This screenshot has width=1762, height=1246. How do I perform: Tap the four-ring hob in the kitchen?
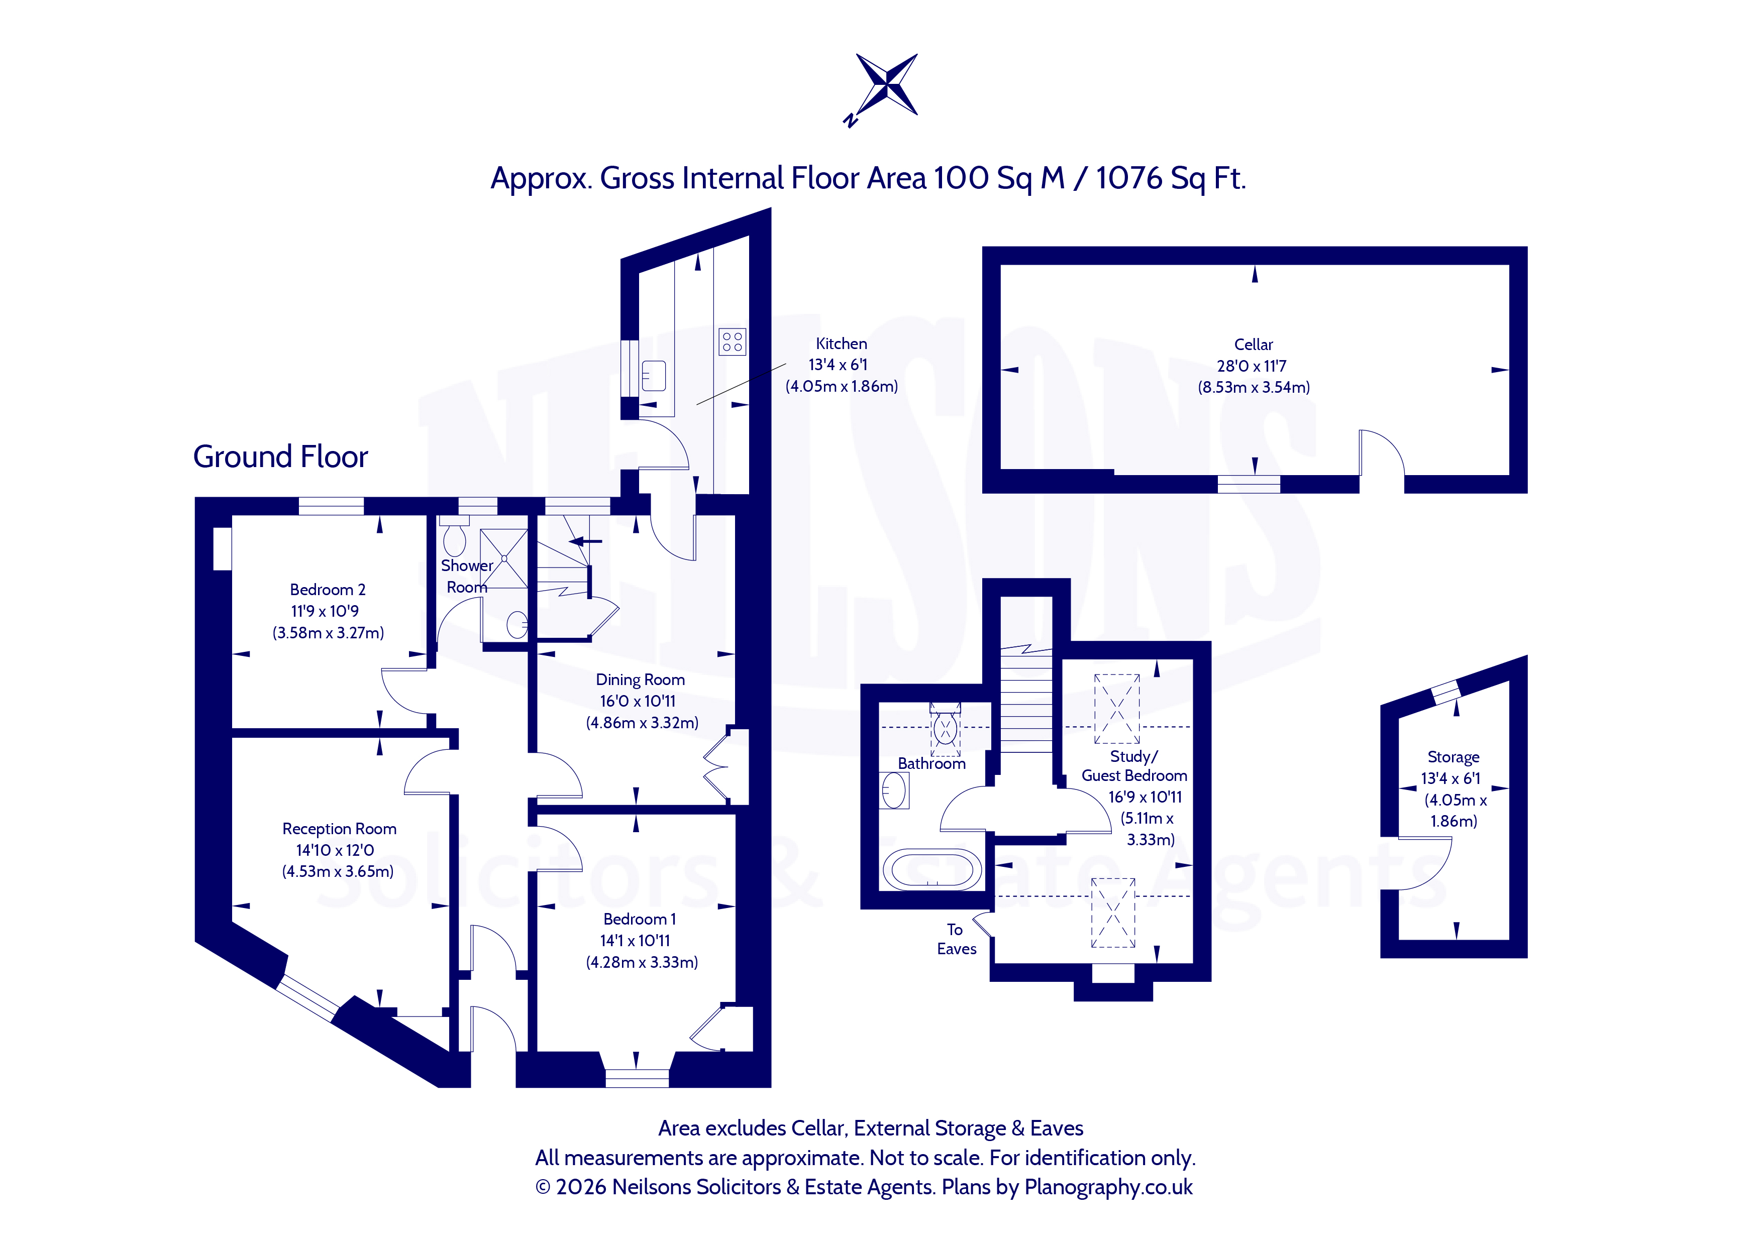(x=732, y=342)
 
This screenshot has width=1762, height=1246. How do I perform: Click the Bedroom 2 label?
(x=328, y=589)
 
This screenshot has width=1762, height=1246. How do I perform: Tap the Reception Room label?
(x=339, y=829)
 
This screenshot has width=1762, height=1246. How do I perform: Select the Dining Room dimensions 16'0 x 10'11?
(x=638, y=701)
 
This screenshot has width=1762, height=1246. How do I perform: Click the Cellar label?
(x=1253, y=345)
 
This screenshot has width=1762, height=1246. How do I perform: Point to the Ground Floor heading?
(x=280, y=457)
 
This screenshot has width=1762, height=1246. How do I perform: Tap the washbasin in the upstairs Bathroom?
(x=894, y=790)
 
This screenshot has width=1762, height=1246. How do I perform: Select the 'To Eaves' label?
(x=956, y=939)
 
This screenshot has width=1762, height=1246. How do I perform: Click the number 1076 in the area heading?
(x=1128, y=178)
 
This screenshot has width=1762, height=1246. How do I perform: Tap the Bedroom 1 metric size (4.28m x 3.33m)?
(x=642, y=962)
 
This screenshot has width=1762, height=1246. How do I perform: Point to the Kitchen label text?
(x=841, y=344)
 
